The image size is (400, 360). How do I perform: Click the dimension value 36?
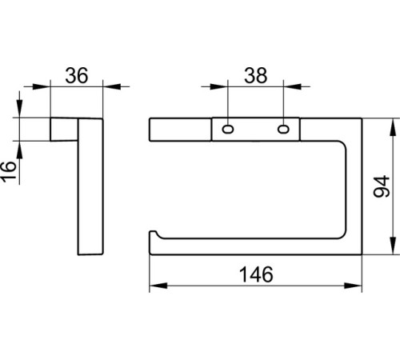coord(77,75)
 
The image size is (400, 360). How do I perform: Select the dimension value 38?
coord(255,75)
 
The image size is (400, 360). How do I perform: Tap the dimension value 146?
coord(256,274)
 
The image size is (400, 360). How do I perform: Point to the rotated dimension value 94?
coord(382,186)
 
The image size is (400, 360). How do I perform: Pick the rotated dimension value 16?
coord(8,172)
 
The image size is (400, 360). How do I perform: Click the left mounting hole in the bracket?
coord(228,130)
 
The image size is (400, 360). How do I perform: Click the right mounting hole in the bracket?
coord(283,130)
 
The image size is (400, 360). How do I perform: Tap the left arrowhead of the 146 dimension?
coord(158,286)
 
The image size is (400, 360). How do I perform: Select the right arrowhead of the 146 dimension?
coord(353,286)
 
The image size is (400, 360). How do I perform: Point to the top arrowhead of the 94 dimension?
coord(393,127)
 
